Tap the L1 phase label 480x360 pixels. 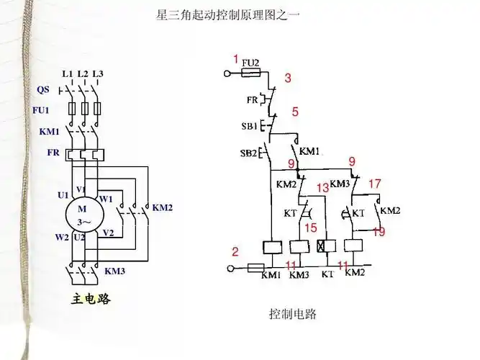point(68,74)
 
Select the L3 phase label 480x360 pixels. point(98,74)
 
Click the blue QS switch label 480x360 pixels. point(43,90)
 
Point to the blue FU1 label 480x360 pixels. point(42,110)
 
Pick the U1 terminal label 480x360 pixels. point(63,195)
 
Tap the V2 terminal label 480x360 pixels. point(108,233)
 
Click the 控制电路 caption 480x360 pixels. point(292,315)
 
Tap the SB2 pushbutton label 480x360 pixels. point(249,153)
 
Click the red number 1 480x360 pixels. point(235,58)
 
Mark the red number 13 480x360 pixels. point(322,187)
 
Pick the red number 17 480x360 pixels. point(374,184)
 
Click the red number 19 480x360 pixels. point(379,232)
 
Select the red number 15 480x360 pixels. point(310,228)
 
